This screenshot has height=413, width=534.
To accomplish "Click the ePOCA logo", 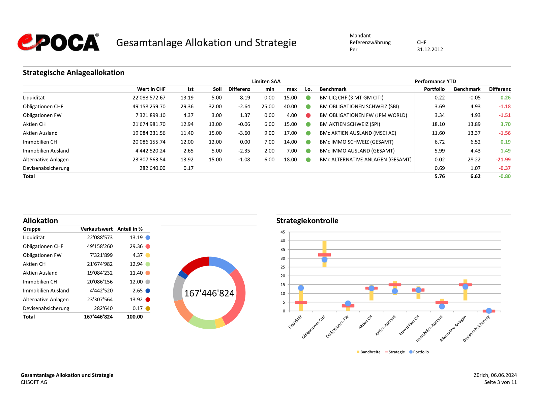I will (x=59, y=43).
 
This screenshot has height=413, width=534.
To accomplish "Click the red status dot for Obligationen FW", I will (x=308, y=115).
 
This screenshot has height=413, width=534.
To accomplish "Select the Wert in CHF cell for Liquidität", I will (x=149, y=98).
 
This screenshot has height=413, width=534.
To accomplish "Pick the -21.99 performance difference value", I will (x=503, y=160).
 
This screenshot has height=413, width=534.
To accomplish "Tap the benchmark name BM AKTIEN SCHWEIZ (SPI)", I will (x=350, y=124).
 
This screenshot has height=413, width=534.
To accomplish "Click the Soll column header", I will (x=217, y=89).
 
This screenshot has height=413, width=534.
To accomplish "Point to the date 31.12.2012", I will (x=430, y=50).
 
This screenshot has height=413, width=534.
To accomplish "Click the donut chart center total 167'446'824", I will (x=209, y=293).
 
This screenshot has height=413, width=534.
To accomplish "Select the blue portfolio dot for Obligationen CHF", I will (x=324, y=259).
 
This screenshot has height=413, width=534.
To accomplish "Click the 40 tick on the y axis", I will (x=283, y=241).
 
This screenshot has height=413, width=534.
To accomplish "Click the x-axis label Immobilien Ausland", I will (x=430, y=328).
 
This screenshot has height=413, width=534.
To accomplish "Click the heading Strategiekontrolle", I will (x=307, y=221).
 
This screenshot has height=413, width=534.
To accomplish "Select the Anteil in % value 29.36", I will (x=136, y=247).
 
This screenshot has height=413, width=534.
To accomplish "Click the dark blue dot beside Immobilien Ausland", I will (x=148, y=291).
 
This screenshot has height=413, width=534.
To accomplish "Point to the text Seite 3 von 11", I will (x=500, y=382).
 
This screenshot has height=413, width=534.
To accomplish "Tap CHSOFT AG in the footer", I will (x=34, y=382).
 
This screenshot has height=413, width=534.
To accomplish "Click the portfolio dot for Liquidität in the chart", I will (x=301, y=288).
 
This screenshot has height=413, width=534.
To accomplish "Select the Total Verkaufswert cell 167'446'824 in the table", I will (x=98, y=317).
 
